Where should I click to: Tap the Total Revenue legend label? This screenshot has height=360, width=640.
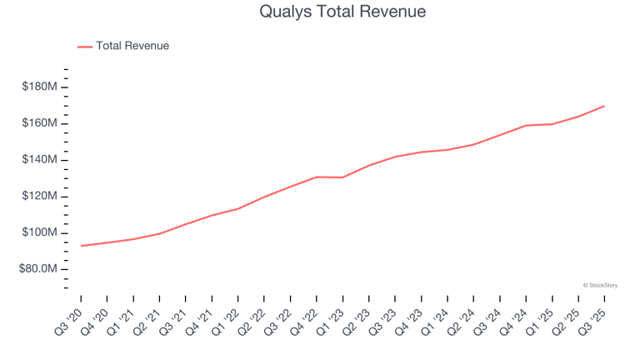point(132,46)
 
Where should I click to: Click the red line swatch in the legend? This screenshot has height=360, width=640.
point(85,47)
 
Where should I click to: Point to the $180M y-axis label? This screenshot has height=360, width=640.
point(39,87)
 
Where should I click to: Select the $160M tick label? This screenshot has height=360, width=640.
point(39,123)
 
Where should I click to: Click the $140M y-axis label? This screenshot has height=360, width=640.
point(39,159)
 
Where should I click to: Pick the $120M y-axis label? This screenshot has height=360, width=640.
point(39,196)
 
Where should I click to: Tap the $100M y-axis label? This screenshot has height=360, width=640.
point(39,232)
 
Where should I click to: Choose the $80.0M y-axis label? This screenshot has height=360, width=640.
point(37,269)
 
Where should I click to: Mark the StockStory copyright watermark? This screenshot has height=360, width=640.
point(600,285)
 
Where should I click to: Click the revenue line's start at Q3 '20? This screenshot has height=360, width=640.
point(81,246)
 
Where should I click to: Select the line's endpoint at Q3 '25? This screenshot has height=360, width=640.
point(604,106)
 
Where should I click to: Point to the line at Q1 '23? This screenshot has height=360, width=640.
point(342,177)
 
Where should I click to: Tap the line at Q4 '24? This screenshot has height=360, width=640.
point(526,126)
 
